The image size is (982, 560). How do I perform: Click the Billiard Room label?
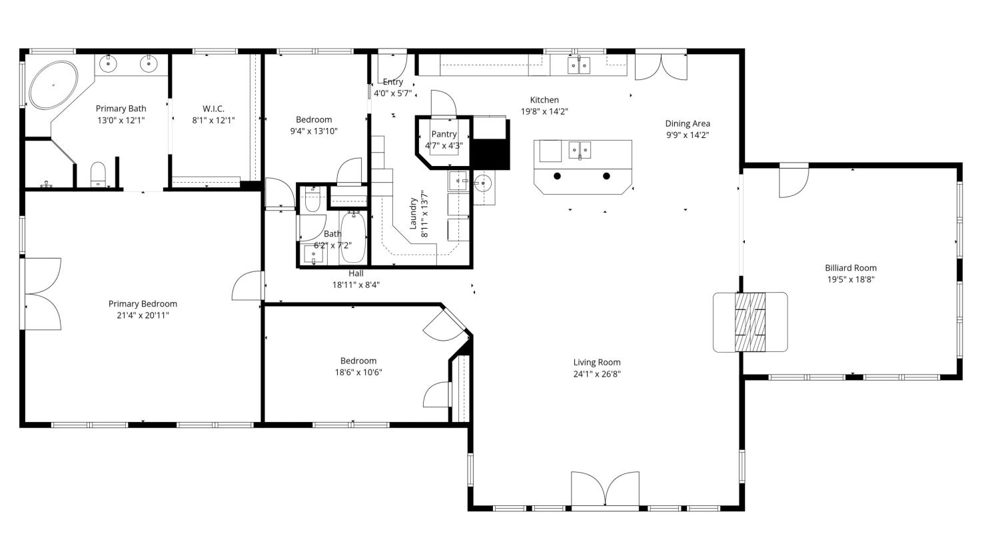coord(851,268)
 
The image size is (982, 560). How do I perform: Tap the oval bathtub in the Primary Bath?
coord(53,85)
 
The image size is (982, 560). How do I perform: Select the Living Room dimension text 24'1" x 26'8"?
coord(597,374)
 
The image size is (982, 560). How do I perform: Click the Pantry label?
coord(444,134)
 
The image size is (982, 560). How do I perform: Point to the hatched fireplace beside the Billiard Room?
coord(750,322)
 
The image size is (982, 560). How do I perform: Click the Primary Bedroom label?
coord(143,304)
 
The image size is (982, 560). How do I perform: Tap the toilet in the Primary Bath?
coord(98,175)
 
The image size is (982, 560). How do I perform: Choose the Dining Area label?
coord(688,123)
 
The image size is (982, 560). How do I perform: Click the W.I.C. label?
coord(213,109)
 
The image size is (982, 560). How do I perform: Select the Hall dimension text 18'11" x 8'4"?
coord(356,285)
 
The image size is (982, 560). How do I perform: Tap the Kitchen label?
coord(544,100)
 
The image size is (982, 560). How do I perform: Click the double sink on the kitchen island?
coord(580,150)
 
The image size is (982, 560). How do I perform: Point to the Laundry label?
coord(412,213)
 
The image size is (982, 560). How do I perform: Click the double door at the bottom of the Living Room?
coord(605,489)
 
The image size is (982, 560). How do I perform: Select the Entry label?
coord(393,82)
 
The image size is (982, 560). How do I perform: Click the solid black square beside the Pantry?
coord(490,153)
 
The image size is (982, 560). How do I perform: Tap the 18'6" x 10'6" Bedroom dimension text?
coord(358,373)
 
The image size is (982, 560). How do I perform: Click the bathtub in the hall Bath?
coord(352,237)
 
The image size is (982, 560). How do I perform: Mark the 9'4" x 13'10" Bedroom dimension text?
coord(314,131)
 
